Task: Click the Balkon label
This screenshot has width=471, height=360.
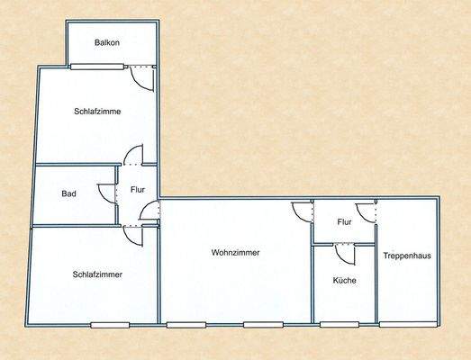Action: click(107, 42)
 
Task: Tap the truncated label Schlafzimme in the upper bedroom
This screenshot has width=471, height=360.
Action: click(97, 112)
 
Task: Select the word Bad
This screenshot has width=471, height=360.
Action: click(68, 193)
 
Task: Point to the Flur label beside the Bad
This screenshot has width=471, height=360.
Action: click(138, 190)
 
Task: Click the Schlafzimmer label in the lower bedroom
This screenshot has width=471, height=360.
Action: click(98, 274)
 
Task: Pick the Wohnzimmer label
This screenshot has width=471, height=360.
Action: click(236, 253)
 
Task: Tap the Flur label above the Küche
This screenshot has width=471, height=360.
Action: click(343, 221)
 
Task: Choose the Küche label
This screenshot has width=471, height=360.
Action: click(344, 281)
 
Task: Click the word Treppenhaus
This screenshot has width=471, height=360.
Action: click(407, 256)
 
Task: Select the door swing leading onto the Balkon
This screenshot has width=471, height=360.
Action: click(141, 77)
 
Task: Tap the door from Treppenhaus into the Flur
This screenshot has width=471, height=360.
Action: click(366, 212)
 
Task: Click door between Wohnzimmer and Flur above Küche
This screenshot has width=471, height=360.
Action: click(300, 212)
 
